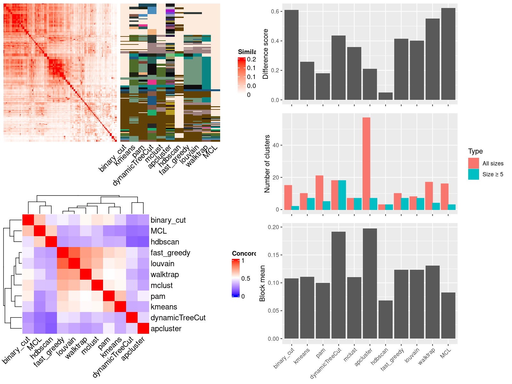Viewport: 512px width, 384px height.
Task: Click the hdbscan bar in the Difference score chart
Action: coord(385,96)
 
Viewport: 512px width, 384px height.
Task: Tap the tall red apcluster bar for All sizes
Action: coord(366,163)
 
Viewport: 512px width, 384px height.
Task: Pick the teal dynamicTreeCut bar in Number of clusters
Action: coord(342,195)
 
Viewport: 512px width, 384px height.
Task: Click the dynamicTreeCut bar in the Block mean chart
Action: coord(338,285)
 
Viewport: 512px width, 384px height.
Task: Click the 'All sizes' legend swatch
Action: coord(474,163)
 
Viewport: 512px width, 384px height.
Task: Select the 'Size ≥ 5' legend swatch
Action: coord(474,174)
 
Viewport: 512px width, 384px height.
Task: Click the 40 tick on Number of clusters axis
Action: coord(276,145)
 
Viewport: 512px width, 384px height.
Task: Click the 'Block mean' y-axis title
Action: coord(263,283)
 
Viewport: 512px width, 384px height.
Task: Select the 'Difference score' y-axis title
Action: coord(265,54)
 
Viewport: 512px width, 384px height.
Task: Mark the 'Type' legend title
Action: coord(475,151)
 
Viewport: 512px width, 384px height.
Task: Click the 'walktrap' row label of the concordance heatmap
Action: coord(164,275)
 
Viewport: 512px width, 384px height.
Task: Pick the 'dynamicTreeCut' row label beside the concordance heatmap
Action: coord(178,318)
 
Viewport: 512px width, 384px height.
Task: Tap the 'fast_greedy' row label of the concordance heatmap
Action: coord(170,253)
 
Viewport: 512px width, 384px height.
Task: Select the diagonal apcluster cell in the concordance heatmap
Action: coord(143,328)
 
